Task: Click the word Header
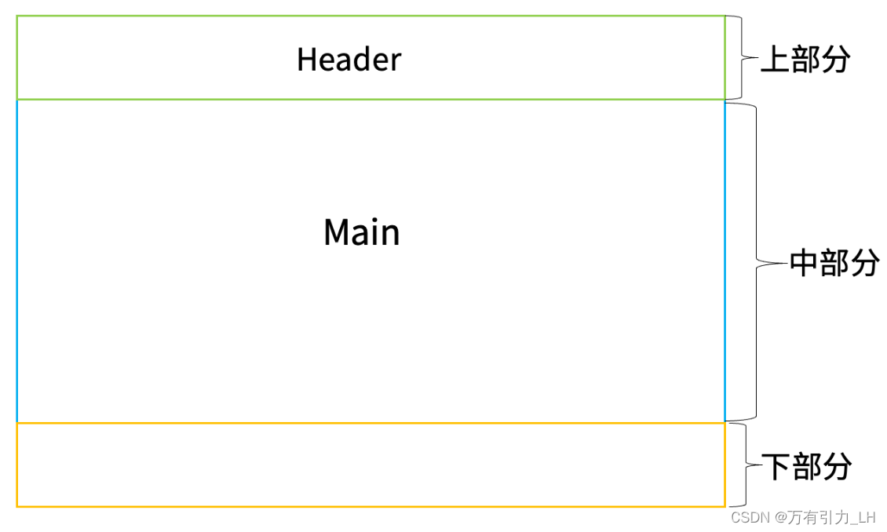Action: click(x=349, y=60)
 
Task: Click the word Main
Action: click(x=361, y=232)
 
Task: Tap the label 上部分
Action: click(x=805, y=60)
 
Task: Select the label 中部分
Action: click(x=834, y=264)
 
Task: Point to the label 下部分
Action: click(x=808, y=467)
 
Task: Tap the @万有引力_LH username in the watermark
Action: click(x=825, y=517)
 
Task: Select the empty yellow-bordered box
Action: click(x=370, y=465)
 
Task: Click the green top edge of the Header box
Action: click(x=370, y=16)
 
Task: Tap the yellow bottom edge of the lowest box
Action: click(x=370, y=506)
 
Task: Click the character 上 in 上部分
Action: click(x=776, y=60)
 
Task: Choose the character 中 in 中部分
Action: click(x=804, y=264)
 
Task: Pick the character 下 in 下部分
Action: click(x=778, y=467)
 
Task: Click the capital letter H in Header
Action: click(x=305, y=60)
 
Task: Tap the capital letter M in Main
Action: click(x=335, y=232)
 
